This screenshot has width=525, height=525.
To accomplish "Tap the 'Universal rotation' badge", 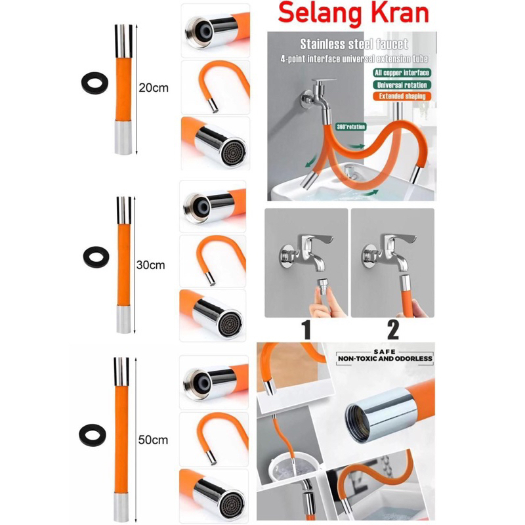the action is tap(401, 84).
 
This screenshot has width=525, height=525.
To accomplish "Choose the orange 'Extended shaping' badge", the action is tap(400, 96).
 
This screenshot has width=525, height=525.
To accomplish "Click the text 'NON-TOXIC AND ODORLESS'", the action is tap(385, 359).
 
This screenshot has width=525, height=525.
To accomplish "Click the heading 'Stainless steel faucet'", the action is tap(354, 45).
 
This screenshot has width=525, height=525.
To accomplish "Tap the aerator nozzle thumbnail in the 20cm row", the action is tap(214, 142).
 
